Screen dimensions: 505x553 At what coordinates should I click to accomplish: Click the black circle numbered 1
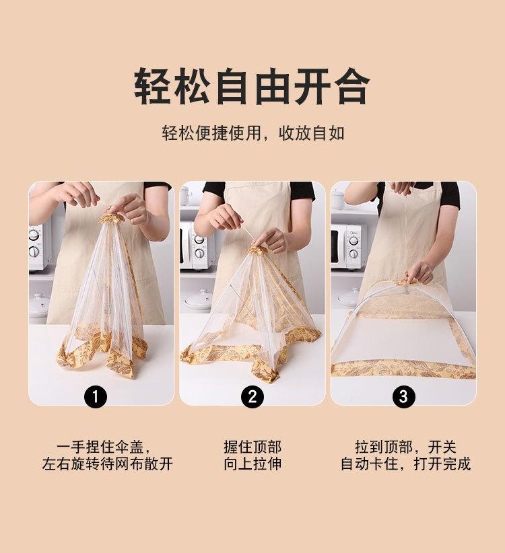tap(96, 396)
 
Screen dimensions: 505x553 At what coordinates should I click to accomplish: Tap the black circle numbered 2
tap(252, 396)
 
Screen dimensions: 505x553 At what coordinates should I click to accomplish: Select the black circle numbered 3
tap(403, 396)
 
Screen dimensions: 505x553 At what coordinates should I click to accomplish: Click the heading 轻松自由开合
tap(252, 86)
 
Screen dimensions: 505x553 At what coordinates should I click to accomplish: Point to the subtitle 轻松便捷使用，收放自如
tap(253, 133)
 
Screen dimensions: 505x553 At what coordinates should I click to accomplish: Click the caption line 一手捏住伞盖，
tap(105, 447)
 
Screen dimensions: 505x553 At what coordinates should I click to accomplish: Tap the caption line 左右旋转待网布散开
tap(107, 464)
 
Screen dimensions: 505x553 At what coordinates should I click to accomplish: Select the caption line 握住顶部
tap(252, 447)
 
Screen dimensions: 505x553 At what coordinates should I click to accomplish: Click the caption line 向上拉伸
tap(252, 464)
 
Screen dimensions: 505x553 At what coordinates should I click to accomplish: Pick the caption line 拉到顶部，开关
tap(406, 447)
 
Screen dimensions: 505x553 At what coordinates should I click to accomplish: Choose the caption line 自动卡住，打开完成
tap(406, 464)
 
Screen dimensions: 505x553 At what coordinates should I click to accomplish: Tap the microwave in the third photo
tap(348, 246)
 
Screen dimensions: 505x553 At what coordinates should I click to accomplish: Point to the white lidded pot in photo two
tap(199, 299)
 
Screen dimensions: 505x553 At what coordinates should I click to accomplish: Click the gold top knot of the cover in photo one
tap(110, 217)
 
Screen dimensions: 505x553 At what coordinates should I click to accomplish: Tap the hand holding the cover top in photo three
tap(419, 273)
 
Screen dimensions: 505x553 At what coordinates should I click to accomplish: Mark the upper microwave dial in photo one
tap(34, 234)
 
